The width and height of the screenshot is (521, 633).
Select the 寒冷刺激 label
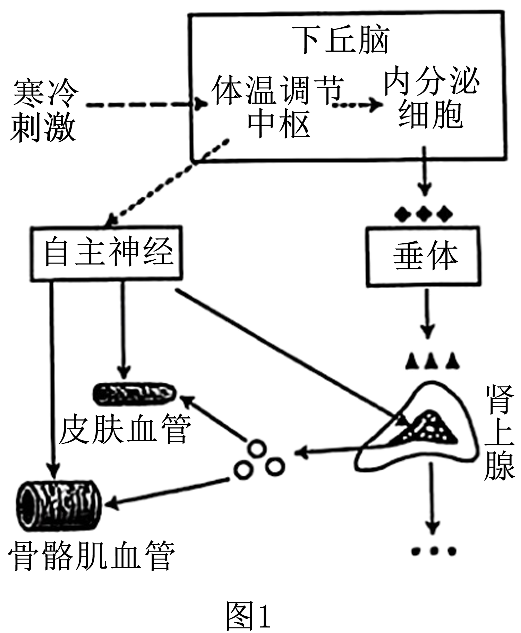44,112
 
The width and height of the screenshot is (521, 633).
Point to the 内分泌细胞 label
431,97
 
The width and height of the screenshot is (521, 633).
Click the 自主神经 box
107,253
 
